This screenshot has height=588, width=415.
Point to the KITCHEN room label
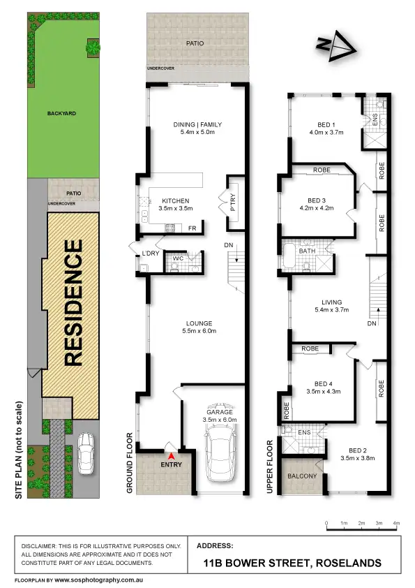(x=170, y=199)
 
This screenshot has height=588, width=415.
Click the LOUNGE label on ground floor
(x=199, y=323)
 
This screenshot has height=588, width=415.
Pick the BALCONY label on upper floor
(x=301, y=476)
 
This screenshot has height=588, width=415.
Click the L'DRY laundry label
(x=151, y=252)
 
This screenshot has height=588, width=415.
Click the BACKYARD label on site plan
(x=61, y=112)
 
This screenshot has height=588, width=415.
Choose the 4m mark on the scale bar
(x=396, y=523)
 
